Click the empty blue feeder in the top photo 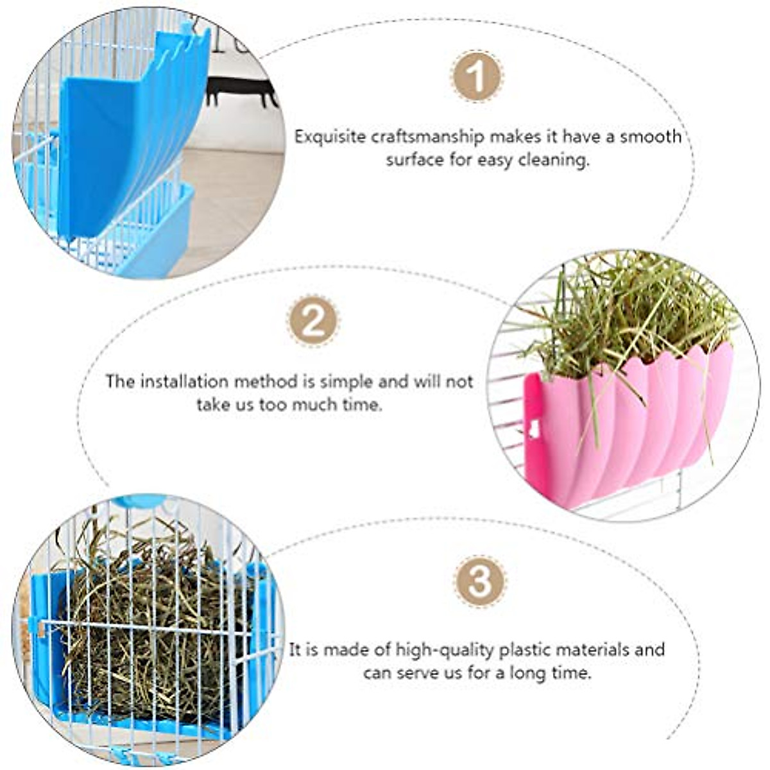click(x=128, y=141)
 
